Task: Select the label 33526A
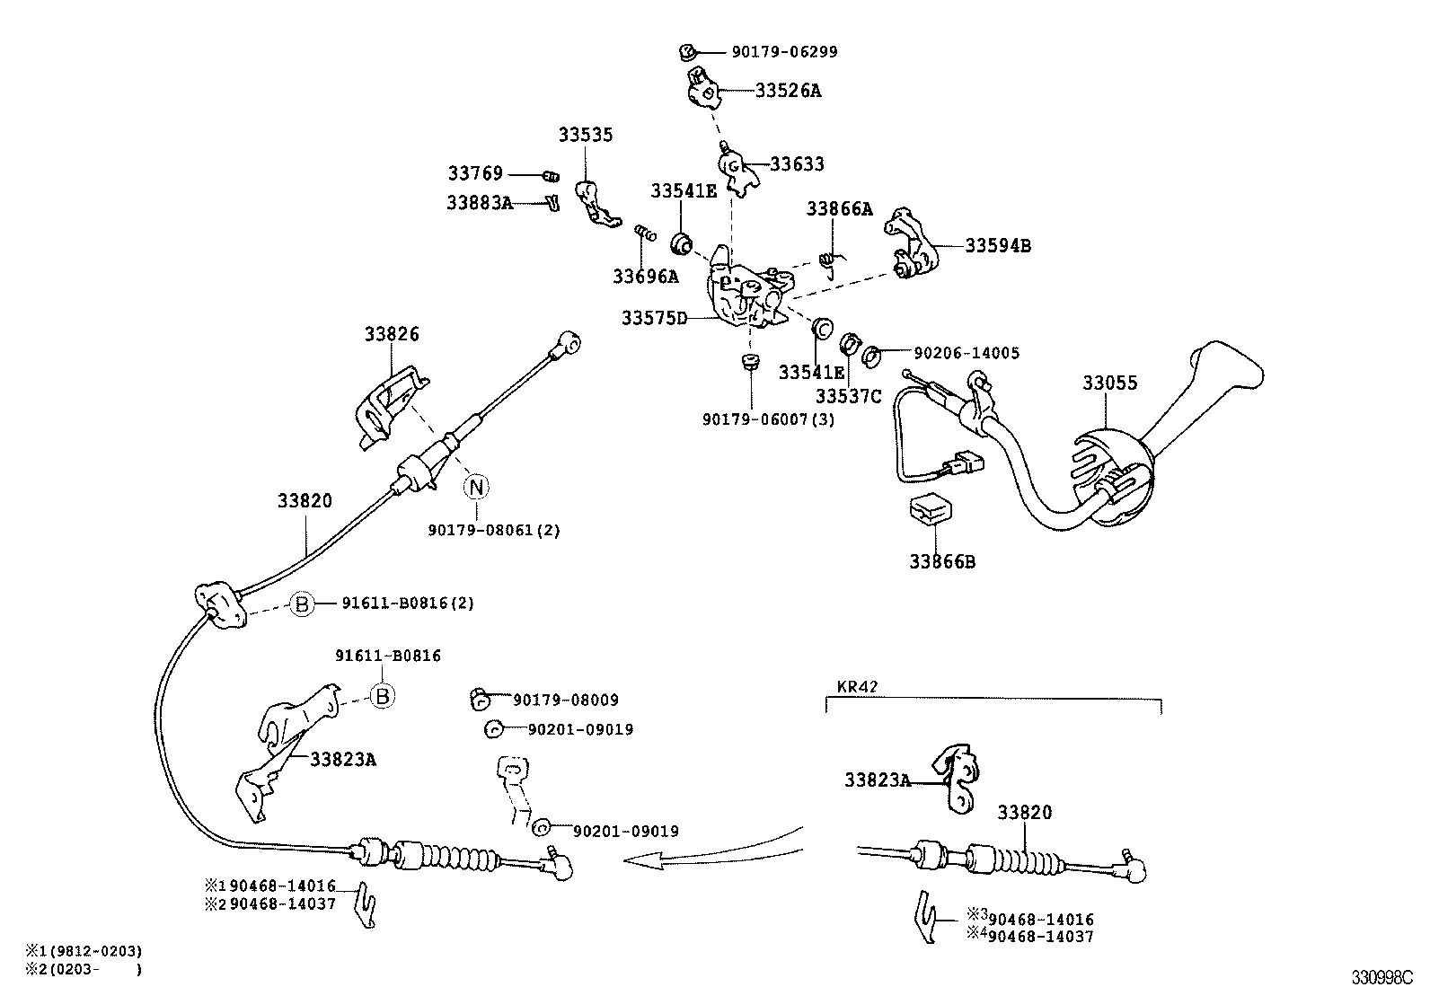(x=788, y=91)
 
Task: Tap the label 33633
(x=797, y=164)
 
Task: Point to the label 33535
(x=586, y=136)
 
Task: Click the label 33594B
(x=998, y=245)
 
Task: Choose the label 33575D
(x=654, y=318)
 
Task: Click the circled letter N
(x=477, y=488)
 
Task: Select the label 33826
(x=392, y=334)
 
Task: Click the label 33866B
(x=942, y=562)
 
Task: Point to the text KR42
(x=857, y=687)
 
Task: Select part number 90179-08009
(x=566, y=701)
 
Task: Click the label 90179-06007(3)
(x=768, y=419)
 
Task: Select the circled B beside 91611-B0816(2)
(x=303, y=604)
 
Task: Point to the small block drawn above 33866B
(x=931, y=510)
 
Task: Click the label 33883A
(x=479, y=204)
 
